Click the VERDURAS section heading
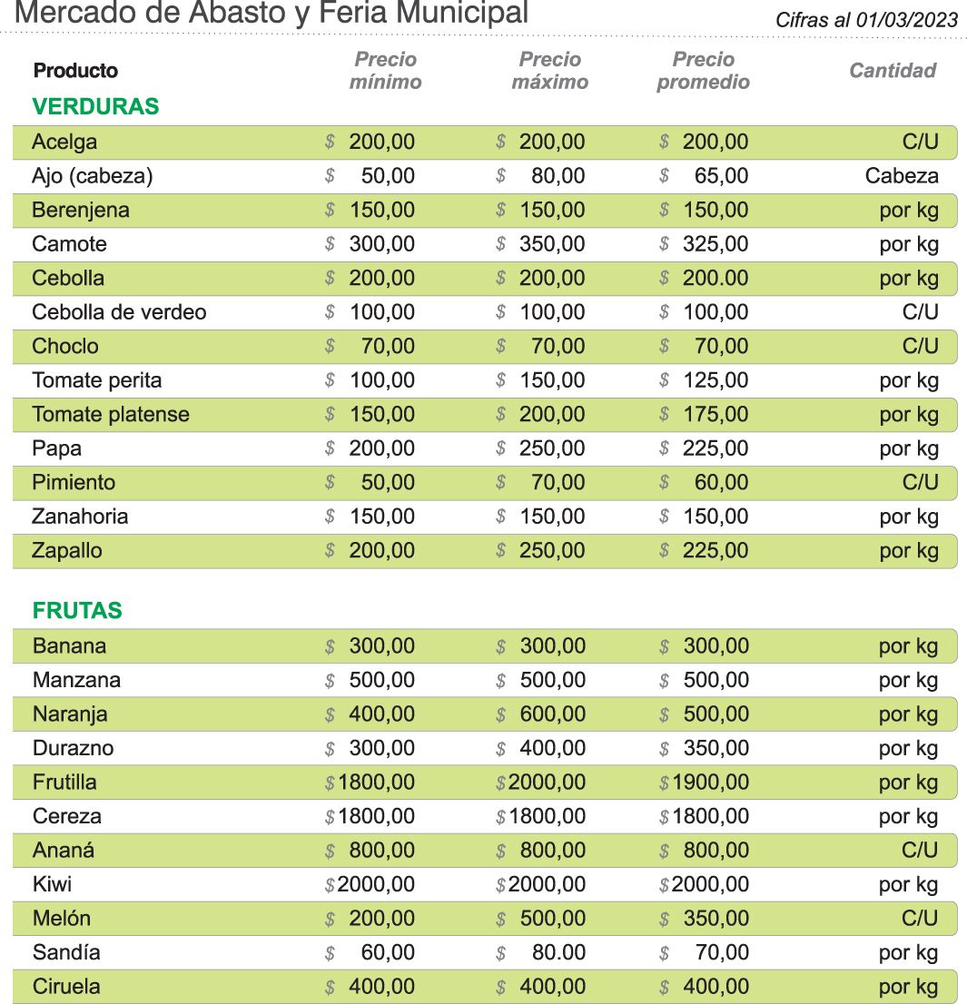95,106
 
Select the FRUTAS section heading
77,611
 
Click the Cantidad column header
892,71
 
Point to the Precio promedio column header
703,71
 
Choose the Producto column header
75,71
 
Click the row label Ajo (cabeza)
92,176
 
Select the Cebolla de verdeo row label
119,312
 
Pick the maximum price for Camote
552,244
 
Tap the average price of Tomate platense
715,415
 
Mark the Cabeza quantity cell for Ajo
901,176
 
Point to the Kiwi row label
52,884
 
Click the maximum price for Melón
552,919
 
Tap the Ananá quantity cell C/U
919,851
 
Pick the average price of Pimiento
721,483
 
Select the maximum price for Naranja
552,714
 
